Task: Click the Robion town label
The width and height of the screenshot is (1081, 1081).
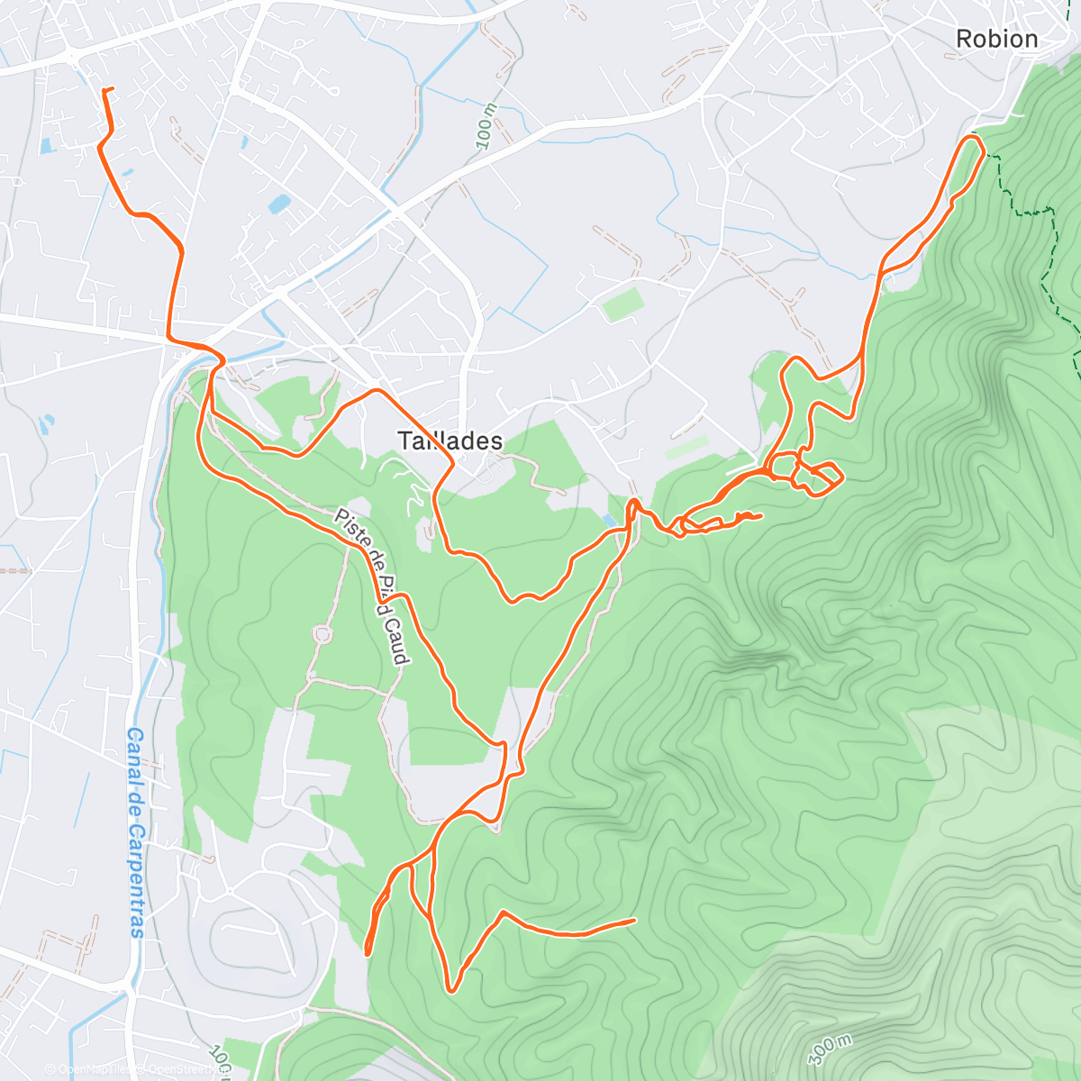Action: (996, 39)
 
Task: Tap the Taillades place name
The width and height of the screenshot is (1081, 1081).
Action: (450, 441)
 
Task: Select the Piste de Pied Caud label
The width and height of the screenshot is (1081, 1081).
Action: (372, 586)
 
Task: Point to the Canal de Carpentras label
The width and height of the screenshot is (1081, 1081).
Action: (136, 832)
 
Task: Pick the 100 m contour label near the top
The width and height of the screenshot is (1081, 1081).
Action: (486, 126)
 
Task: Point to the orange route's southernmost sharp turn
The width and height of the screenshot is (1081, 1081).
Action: (451, 990)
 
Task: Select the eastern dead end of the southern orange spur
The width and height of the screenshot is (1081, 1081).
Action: (634, 920)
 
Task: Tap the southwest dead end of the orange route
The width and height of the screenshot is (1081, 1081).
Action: (368, 950)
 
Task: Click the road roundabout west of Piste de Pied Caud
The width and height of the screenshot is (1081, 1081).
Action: (322, 634)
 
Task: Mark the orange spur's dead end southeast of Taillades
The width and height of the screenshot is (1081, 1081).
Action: (761, 515)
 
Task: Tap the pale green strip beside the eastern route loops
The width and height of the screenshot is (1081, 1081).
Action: (687, 448)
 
